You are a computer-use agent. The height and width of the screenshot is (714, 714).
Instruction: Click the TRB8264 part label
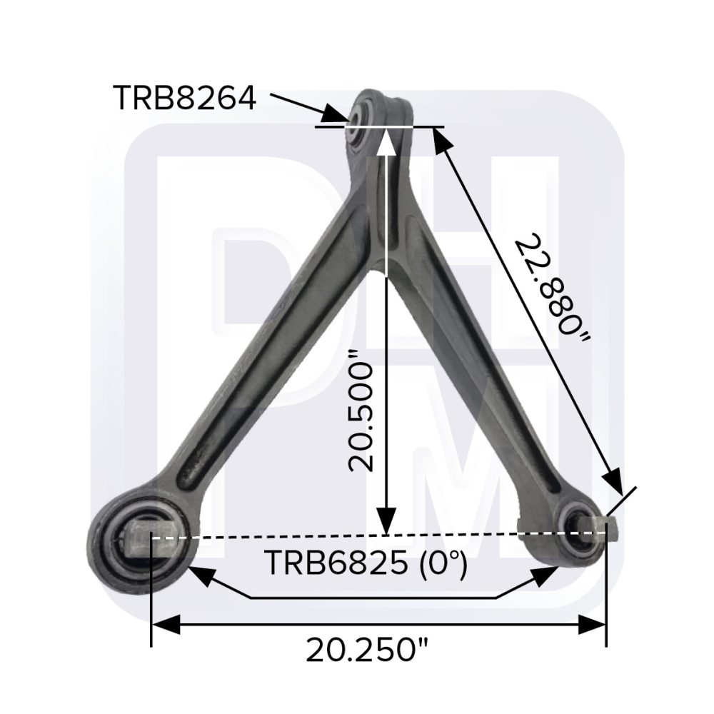point(184,98)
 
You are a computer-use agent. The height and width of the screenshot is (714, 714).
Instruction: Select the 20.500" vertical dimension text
point(361,410)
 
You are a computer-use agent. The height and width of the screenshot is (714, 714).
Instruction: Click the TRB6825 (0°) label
point(366,563)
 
